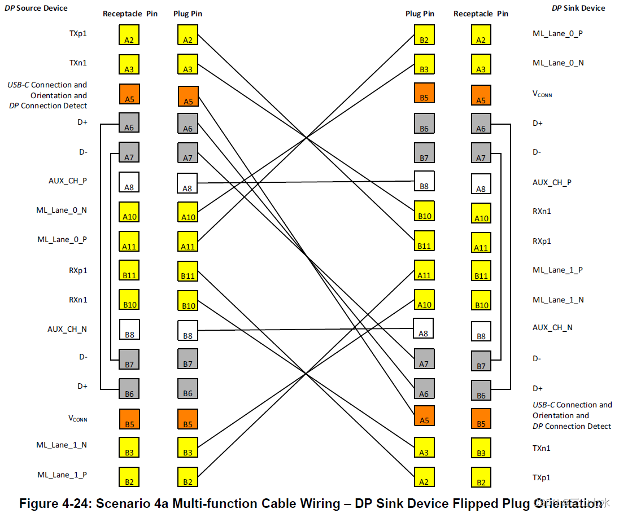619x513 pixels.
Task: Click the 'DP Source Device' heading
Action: point(36,8)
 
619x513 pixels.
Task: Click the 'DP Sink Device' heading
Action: point(578,8)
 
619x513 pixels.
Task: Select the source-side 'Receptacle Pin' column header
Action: point(130,14)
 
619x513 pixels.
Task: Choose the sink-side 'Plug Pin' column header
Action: point(420,14)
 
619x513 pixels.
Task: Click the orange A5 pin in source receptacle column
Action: point(129,94)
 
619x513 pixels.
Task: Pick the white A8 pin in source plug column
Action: point(188,183)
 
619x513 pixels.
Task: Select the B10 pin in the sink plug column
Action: point(424,211)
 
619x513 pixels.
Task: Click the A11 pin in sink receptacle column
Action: point(481,241)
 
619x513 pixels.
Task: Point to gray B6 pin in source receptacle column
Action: point(129,388)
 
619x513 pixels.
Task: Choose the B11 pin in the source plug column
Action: point(188,270)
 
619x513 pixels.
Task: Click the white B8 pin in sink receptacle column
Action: point(481,331)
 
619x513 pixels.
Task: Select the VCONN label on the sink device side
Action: point(542,94)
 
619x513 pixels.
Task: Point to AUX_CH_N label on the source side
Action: point(67,328)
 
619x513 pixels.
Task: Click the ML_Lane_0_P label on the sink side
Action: point(558,33)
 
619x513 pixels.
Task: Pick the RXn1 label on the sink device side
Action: point(542,211)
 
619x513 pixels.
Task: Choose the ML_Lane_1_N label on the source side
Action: point(62,445)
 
